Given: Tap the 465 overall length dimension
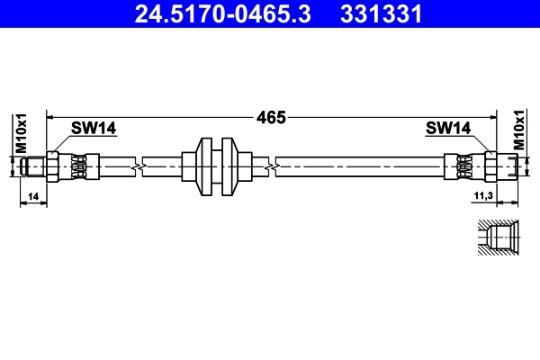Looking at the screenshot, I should (270, 117).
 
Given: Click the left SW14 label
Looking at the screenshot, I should (94, 129).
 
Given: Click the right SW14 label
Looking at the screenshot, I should (448, 129).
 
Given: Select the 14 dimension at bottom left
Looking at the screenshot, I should (32, 195).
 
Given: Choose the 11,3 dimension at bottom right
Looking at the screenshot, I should (484, 195).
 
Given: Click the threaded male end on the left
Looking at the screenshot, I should (34, 166).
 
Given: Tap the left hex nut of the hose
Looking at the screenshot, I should (54, 166).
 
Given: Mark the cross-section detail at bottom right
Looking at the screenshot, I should (495, 238).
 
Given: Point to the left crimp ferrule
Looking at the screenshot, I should (77, 166).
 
